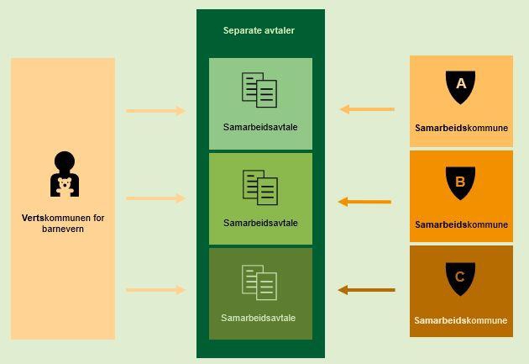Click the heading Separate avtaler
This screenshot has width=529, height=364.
pos(259,31)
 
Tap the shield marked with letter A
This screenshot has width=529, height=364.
pos(460,86)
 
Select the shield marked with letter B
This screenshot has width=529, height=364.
pos(460,182)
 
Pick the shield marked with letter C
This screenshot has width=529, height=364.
pos(459,278)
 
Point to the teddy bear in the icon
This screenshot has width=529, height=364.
pos(65,187)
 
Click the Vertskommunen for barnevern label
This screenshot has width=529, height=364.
pos(63,223)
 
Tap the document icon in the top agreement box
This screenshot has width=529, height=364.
pos(259,90)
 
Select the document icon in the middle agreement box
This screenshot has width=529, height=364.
pos(260,187)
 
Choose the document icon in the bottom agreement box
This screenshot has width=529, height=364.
pos(259,282)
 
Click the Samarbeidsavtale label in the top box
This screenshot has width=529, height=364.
pos(260,128)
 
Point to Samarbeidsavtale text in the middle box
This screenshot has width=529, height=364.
pos(260,223)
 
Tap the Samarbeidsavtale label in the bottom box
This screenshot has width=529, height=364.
pos(259,318)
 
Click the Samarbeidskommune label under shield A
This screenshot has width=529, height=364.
pos(461,129)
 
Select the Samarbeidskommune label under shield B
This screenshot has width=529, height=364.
pos(461,224)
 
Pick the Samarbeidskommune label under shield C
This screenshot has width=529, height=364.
pos(461,320)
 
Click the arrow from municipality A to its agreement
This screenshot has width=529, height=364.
pos(367,109)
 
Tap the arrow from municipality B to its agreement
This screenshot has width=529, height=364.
pos(364,202)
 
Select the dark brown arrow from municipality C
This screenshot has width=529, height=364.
pos(366,290)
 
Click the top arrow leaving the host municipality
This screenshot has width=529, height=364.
pos(155,110)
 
